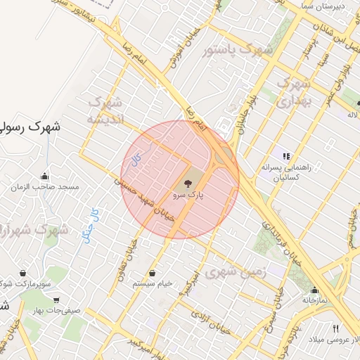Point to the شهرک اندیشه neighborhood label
[105, 111]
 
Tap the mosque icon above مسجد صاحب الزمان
[46, 176]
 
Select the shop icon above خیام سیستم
[153, 273]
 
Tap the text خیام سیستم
[153, 283]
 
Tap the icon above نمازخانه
[314, 290]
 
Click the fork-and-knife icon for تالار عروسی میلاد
[335, 328]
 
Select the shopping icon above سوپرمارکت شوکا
[23, 273]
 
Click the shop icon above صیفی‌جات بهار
[57, 298]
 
